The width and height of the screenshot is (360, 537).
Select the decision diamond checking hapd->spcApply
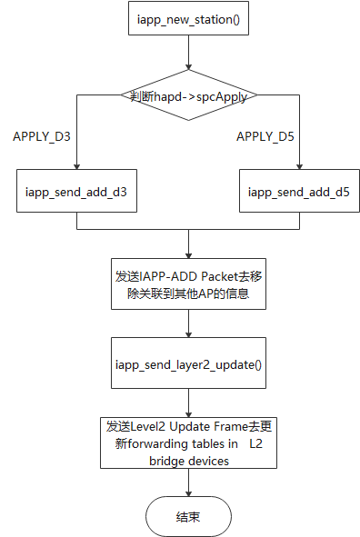click(188, 95)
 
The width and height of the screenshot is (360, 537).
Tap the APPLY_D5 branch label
click(266, 136)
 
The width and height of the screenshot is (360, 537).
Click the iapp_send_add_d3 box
click(77, 192)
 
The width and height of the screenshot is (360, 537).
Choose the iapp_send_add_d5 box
click(299, 192)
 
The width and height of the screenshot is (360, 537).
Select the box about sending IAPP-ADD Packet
click(188, 284)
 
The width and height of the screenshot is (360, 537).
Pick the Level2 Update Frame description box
click(188, 442)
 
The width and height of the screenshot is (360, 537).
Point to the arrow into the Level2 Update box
click(188, 409)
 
